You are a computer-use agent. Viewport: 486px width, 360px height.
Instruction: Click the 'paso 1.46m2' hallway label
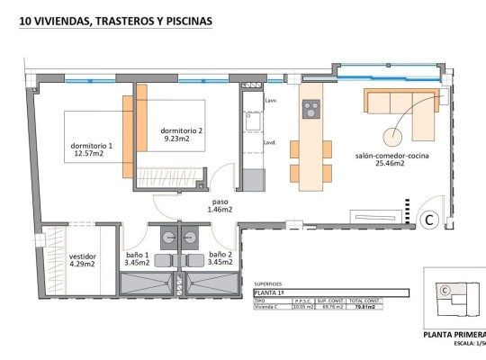(221, 205)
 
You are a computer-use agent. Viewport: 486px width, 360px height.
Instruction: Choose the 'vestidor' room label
(83, 260)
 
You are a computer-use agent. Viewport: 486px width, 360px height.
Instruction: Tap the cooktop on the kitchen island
(310, 109)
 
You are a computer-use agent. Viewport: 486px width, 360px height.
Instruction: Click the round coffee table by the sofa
(393, 137)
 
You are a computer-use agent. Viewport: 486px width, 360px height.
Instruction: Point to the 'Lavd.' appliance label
(269, 142)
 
